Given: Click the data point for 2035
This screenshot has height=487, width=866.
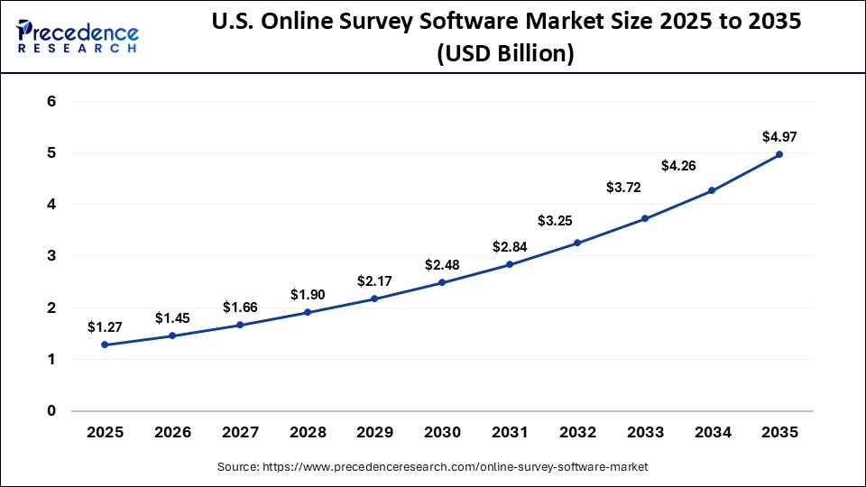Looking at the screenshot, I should click(x=779, y=154).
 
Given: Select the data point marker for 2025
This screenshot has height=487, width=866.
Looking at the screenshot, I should click(x=105, y=345).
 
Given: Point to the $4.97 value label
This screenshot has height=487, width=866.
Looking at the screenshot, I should click(x=779, y=137).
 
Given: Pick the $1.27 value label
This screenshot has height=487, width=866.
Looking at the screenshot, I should click(x=105, y=326).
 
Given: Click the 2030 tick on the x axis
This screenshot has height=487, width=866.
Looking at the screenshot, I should click(x=442, y=433).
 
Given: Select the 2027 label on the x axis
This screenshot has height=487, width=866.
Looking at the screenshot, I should click(x=240, y=433).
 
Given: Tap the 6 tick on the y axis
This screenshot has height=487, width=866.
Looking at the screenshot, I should click(x=51, y=102).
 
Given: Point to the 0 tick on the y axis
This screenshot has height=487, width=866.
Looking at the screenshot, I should click(x=51, y=411).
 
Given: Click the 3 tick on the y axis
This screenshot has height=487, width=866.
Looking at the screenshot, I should click(x=51, y=256).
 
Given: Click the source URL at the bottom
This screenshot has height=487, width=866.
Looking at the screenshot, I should click(x=433, y=467).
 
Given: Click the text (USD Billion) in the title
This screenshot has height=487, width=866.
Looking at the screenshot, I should click(x=504, y=54).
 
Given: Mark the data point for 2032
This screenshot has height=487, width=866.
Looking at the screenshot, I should click(x=577, y=243).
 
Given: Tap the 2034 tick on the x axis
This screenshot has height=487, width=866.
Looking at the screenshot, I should click(x=712, y=433).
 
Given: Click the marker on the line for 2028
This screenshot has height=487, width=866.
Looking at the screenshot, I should click(x=308, y=312).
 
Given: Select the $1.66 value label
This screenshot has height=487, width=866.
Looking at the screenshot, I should click(x=240, y=307).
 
